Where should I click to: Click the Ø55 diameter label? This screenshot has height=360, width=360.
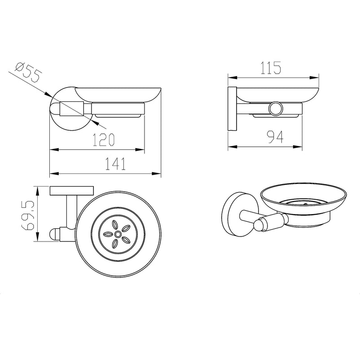[x=29, y=72]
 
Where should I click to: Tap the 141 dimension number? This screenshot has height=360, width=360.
[x=115, y=163]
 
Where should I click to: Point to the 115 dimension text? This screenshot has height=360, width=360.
[x=271, y=68]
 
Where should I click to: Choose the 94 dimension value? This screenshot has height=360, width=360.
[x=276, y=137]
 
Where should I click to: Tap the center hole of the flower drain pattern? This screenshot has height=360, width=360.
[x=118, y=234]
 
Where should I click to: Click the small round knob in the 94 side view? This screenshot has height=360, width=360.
[x=276, y=108]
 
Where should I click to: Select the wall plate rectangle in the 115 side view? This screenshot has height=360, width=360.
[x=232, y=109]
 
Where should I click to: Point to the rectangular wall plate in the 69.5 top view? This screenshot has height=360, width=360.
[x=72, y=191]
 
